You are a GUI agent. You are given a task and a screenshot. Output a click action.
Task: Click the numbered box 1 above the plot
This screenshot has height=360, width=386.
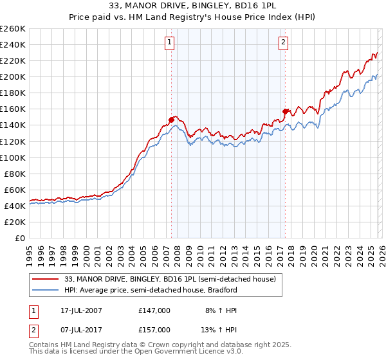pos(169,43)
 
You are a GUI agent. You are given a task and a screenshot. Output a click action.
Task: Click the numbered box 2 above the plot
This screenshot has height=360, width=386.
pos(283,43)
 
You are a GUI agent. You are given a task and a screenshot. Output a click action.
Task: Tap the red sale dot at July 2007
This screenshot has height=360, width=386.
pos(172,119)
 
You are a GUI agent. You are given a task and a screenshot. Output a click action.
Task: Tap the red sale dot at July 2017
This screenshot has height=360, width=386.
pos(285,111)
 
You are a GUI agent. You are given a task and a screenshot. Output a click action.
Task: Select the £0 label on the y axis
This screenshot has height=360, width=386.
pos(21,238)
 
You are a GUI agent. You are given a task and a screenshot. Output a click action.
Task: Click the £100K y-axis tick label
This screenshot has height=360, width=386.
pos(12,157)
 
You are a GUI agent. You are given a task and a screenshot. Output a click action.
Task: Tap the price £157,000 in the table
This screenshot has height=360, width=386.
pos(154,329)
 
